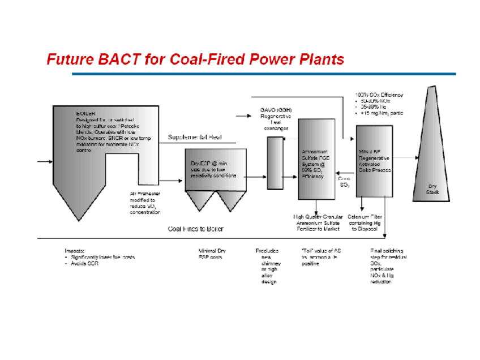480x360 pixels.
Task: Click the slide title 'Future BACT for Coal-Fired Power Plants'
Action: coord(195,59)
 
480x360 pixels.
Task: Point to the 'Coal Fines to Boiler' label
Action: coord(196,229)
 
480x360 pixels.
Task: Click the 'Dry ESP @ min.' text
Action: coord(205,162)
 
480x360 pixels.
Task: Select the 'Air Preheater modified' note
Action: coord(145,203)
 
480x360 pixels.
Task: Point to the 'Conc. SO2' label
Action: coord(344,181)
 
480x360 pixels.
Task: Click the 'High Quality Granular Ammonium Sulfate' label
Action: coord(316,222)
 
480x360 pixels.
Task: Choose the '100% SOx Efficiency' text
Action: coord(379,95)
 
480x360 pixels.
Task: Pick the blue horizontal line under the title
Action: coord(263,74)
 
